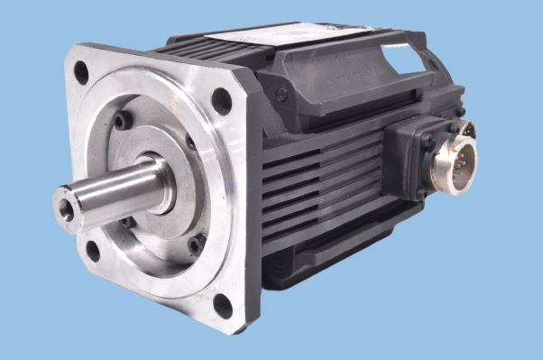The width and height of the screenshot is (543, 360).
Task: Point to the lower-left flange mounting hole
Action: pyautogui.click(x=92, y=251)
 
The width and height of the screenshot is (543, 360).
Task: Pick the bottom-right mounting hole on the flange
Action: pyautogui.click(x=223, y=304)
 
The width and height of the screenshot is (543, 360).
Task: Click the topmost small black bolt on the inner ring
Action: pyautogui.click(x=123, y=121)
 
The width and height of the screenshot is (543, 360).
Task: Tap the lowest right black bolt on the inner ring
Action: pyautogui.click(x=195, y=245)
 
